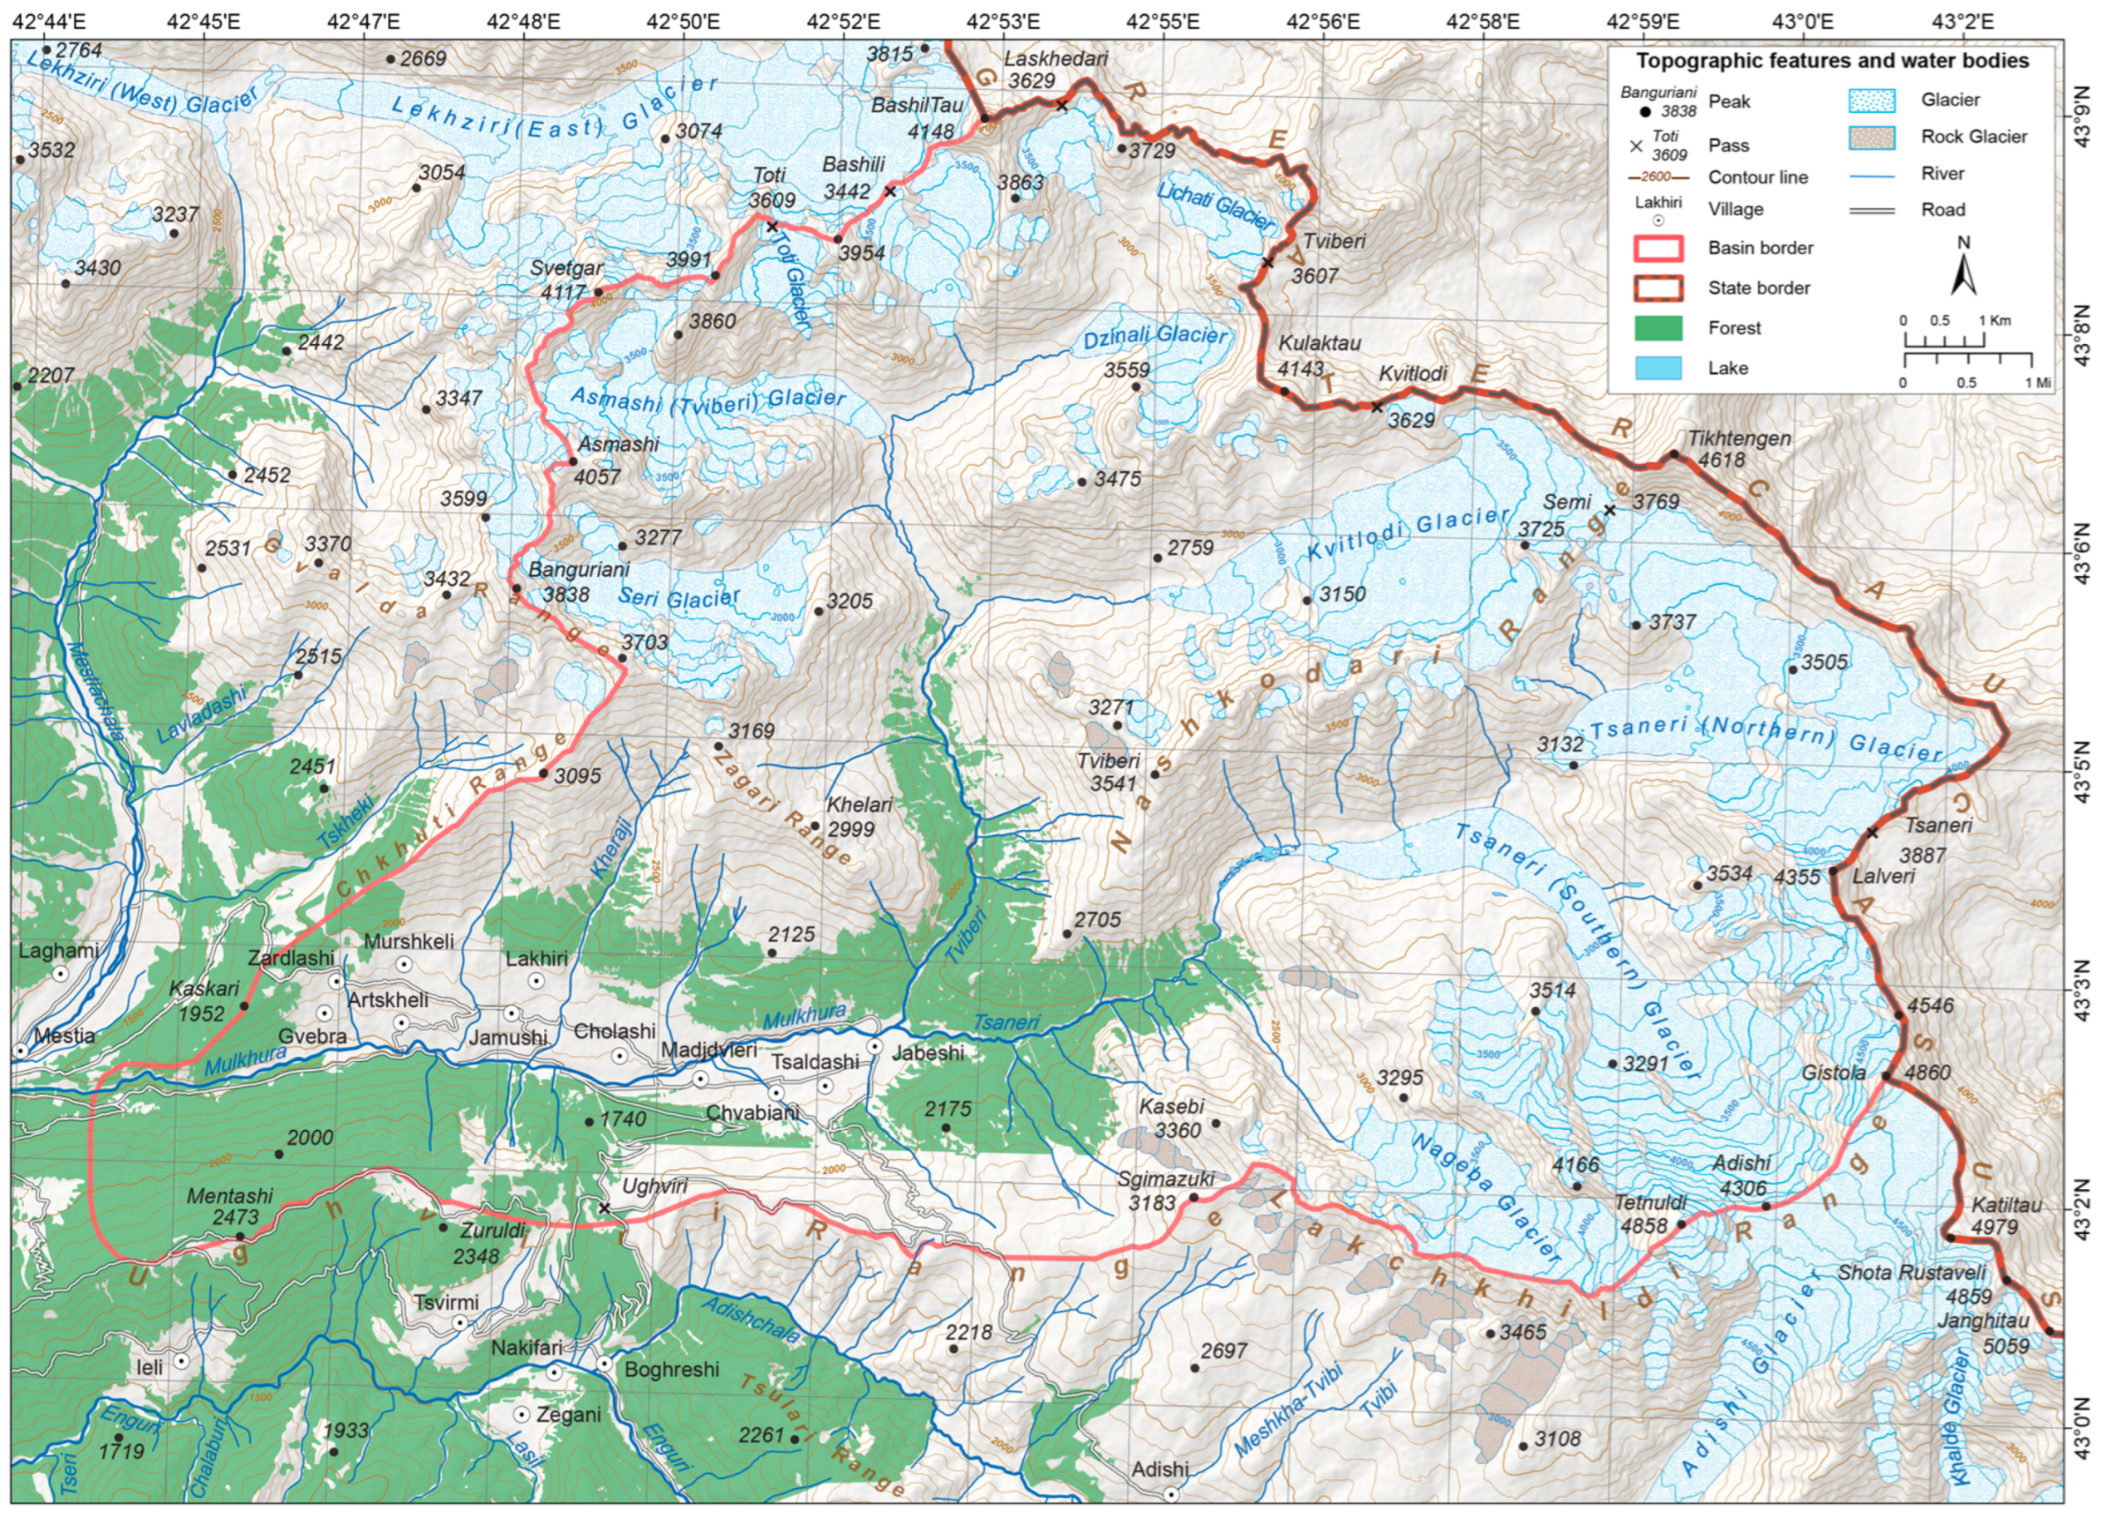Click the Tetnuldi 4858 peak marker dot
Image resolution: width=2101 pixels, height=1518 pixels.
pyautogui.click(x=1682, y=1223)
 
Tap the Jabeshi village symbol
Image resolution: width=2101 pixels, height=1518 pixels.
pyautogui.click(x=874, y=1045)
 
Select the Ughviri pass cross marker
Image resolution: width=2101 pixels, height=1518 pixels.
pyautogui.click(x=604, y=1207)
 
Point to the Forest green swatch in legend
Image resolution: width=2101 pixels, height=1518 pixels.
pyautogui.click(x=1658, y=328)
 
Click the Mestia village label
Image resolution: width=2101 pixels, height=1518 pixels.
pyautogui.click(x=64, y=1035)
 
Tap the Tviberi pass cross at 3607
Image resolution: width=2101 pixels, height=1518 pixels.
pyautogui.click(x=1268, y=263)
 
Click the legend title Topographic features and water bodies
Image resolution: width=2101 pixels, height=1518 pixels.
pyautogui.click(x=1831, y=61)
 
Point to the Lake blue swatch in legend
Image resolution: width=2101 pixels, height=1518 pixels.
pyautogui.click(x=1658, y=368)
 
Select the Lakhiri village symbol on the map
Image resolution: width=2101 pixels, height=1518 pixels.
pyautogui.click(x=536, y=980)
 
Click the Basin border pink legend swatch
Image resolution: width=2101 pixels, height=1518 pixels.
pyautogui.click(x=1658, y=248)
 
